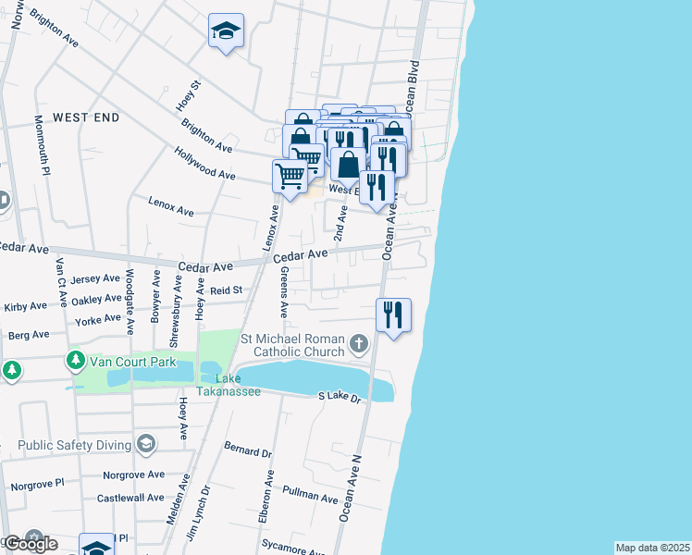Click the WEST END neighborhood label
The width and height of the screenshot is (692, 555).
[x=86, y=117]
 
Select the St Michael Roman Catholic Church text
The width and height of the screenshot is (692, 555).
[x=292, y=345]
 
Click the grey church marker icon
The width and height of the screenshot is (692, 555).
[x=359, y=346]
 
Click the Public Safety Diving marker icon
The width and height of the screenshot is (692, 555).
[x=145, y=445]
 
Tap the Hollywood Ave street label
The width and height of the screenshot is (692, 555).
[x=206, y=167]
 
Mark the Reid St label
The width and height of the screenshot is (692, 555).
[x=225, y=290]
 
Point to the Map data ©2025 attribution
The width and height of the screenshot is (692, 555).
[x=652, y=548]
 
